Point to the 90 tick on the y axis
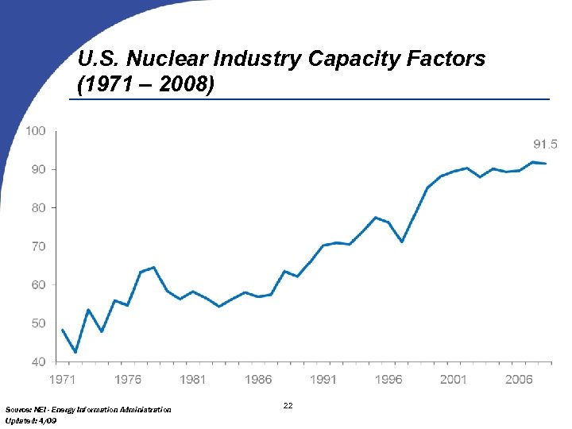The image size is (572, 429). click(x=37, y=169)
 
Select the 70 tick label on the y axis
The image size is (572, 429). click(x=37, y=246)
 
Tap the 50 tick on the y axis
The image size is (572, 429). click(x=37, y=323)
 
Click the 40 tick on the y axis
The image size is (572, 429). click(x=37, y=361)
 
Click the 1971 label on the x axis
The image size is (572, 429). click(x=63, y=380)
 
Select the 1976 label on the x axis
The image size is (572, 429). click(x=128, y=380)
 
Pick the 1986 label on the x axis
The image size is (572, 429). click(x=258, y=380)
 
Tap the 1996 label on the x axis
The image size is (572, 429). click(x=388, y=380)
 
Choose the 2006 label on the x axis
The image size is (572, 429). click(x=519, y=380)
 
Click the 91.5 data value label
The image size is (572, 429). click(x=544, y=144)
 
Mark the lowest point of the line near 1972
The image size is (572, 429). click(x=75, y=352)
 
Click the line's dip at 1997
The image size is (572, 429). click(x=402, y=242)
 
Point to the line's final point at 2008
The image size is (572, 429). click(x=545, y=163)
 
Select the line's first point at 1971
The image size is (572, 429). click(x=63, y=330)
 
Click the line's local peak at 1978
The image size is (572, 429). click(x=153, y=267)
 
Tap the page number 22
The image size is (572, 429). click(x=288, y=406)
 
